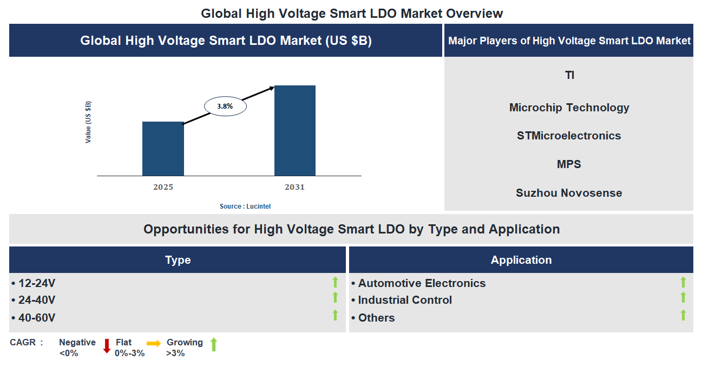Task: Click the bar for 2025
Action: coord(163,149)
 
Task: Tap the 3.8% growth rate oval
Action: coord(225,106)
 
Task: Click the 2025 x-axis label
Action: coord(163,188)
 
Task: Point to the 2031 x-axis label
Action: coord(295,188)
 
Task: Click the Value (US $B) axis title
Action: coord(88,122)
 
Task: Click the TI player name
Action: coord(569,75)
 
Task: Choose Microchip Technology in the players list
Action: coord(569,108)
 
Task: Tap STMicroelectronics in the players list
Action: coord(569,136)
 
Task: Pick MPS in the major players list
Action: coord(569,164)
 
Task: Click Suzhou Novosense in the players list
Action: coord(569,193)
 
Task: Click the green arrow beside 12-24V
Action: coord(335,282)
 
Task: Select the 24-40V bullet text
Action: coord(37,300)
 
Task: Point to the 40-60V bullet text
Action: coord(37,318)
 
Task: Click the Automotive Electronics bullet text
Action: coord(422,283)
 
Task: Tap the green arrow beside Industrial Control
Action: coord(683,298)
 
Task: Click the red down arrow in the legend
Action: coord(107,346)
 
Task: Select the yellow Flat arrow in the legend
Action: coord(154,343)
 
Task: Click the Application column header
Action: coord(521,260)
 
